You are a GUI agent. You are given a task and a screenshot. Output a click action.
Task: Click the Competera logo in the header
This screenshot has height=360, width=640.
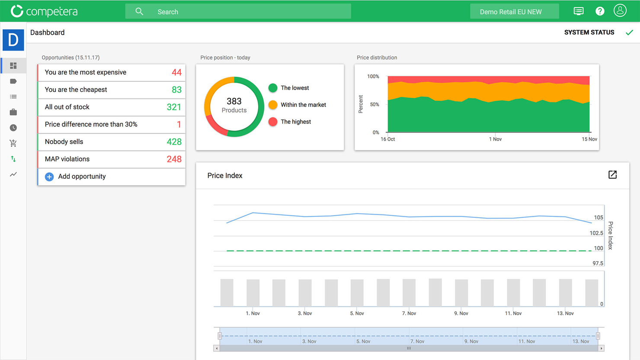click(x=44, y=11)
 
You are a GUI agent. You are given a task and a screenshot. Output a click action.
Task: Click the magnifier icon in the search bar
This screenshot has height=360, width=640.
click(x=139, y=12)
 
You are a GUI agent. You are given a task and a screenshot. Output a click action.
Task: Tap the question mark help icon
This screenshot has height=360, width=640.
click(x=600, y=11)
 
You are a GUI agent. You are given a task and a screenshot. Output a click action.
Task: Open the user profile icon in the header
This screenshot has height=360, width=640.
click(x=620, y=11)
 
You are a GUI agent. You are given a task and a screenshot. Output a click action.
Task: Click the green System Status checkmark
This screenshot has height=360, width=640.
click(x=629, y=32)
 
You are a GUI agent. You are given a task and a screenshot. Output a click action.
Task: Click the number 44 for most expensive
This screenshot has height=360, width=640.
click(x=176, y=72)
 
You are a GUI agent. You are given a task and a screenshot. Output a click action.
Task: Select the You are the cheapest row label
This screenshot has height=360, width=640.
click(x=76, y=90)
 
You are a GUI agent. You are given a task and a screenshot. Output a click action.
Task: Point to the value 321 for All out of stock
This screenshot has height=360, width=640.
click(x=174, y=107)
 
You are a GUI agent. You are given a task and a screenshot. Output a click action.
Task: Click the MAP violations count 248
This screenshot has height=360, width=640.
click(x=174, y=159)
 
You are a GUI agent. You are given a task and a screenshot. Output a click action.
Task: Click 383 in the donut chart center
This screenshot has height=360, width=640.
click(x=234, y=101)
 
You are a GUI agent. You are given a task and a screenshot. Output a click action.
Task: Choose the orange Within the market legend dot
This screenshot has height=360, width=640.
click(x=273, y=105)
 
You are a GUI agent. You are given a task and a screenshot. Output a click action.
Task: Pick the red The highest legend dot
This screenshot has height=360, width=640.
click(x=273, y=122)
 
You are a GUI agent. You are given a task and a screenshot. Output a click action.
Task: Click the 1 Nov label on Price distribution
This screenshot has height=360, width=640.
click(x=495, y=139)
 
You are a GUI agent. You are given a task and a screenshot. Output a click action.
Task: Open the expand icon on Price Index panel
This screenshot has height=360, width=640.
click(x=612, y=175)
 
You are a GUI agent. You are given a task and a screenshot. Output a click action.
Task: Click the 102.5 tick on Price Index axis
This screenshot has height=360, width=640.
click(x=596, y=233)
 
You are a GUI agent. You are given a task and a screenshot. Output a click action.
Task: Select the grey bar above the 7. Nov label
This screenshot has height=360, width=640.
click(x=409, y=292)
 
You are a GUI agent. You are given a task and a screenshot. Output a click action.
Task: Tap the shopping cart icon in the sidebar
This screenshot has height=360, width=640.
click(x=13, y=143)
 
